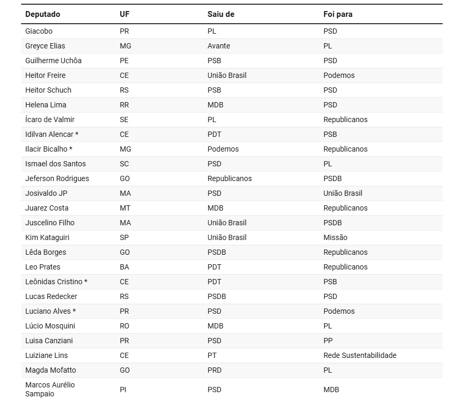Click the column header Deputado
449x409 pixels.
point(43,14)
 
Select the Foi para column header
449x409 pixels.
point(338,14)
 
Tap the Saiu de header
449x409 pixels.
point(221,14)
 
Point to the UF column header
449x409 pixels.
point(124,14)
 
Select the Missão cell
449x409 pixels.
point(335,237)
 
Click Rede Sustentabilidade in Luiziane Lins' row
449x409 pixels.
point(359,355)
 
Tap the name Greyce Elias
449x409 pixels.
point(45,46)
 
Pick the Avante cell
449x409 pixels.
point(219,46)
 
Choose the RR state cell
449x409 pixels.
point(124,105)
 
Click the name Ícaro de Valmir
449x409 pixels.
point(50,119)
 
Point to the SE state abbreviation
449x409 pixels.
point(124,119)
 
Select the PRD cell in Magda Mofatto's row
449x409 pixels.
point(214,370)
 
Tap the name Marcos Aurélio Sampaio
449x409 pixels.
point(50,389)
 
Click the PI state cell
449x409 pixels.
point(123,390)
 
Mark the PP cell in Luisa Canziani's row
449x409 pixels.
point(328,341)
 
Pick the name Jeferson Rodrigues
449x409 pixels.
point(57,178)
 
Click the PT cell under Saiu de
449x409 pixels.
point(212,355)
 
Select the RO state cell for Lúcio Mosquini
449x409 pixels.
point(124,326)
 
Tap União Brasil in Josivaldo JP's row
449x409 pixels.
point(343,193)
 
